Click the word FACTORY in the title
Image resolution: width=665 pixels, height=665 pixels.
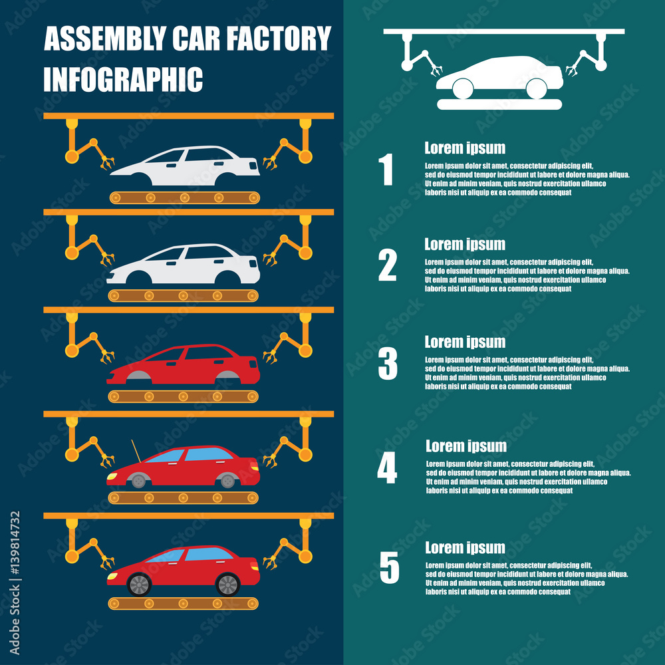tap(280, 39)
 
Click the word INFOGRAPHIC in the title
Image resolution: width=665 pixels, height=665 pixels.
tap(123, 79)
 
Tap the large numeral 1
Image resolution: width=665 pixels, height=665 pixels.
tap(386, 170)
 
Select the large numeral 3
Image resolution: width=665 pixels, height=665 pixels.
tap(388, 364)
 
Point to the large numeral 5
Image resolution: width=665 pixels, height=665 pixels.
tap(389, 568)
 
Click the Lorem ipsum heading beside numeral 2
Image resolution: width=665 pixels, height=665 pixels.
tap(465, 245)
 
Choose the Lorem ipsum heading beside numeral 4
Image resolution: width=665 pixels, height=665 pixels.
tap(465, 446)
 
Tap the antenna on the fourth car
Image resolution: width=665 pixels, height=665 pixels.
tap(136, 451)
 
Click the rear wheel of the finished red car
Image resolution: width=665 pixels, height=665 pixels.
tap(227, 585)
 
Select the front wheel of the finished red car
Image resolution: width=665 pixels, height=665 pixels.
tap(139, 585)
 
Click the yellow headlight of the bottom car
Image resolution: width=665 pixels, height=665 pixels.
tap(112, 575)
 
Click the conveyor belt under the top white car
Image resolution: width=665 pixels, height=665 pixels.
tap(184, 198)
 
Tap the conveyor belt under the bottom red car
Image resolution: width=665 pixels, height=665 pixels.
tap(183, 603)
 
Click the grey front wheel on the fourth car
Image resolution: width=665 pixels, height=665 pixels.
tap(138, 480)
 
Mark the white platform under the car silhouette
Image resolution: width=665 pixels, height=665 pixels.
tap(499, 104)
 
